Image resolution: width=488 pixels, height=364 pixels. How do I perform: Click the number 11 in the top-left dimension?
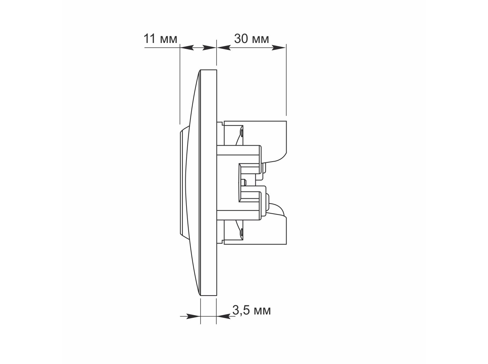coord(149,39)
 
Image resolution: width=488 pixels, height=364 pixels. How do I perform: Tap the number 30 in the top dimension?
coord(241,39)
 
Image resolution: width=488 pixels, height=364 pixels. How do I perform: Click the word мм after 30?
coord(260,40)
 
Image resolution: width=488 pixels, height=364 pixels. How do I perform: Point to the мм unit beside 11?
coord(169,40)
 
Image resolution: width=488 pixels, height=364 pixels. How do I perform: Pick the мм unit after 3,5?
coord(262,312)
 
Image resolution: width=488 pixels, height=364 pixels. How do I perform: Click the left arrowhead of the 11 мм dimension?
coord(187,48)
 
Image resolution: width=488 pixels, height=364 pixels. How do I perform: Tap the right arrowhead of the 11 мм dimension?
coord(209,48)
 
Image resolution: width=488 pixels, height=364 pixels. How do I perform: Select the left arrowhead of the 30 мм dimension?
coord(224,48)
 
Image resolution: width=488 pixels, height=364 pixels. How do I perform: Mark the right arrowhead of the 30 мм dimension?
coord(279,48)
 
